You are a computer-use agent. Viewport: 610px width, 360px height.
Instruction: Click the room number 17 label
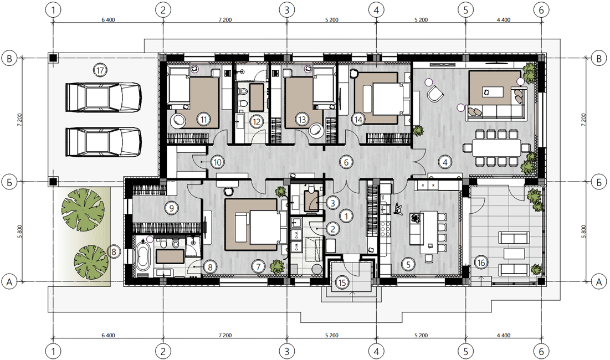click(x=100, y=70)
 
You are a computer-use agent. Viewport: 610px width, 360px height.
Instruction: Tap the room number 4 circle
click(x=445, y=162)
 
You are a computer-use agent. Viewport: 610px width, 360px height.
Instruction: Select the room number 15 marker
click(x=342, y=282)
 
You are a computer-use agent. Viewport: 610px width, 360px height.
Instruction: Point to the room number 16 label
click(x=481, y=263)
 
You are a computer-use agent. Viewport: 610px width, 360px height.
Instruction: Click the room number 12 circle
click(x=257, y=122)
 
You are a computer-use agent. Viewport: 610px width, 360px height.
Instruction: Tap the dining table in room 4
click(x=496, y=148)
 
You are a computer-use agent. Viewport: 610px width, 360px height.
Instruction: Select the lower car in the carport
click(x=104, y=142)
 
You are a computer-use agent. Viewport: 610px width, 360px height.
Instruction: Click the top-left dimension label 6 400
click(x=108, y=20)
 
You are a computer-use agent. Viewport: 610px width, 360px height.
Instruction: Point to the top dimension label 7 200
click(x=225, y=20)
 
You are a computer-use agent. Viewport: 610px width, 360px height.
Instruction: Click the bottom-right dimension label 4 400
click(x=504, y=335)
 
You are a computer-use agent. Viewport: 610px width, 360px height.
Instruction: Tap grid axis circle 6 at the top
click(x=541, y=10)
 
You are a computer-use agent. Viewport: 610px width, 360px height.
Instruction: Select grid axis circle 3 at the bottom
click(x=286, y=352)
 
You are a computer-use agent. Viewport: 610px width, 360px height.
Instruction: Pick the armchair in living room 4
click(x=435, y=94)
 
